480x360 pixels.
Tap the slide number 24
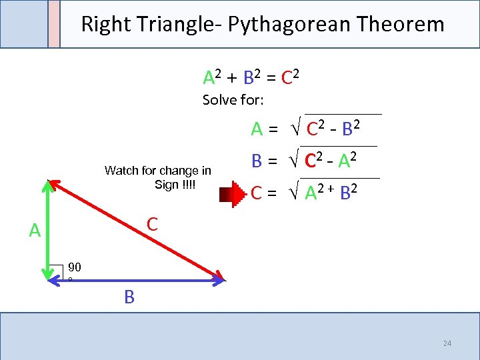click(x=447, y=343)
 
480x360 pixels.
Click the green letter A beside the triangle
click(x=35, y=231)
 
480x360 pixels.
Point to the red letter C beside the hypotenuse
click(x=152, y=224)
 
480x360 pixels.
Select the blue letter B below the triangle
click(x=129, y=297)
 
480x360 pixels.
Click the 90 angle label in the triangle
click(x=74, y=267)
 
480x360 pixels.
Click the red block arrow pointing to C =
click(x=234, y=194)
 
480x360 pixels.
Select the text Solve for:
click(x=233, y=101)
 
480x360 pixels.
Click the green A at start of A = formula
click(x=257, y=129)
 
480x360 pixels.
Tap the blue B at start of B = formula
click(x=256, y=161)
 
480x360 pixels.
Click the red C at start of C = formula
click(x=256, y=194)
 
